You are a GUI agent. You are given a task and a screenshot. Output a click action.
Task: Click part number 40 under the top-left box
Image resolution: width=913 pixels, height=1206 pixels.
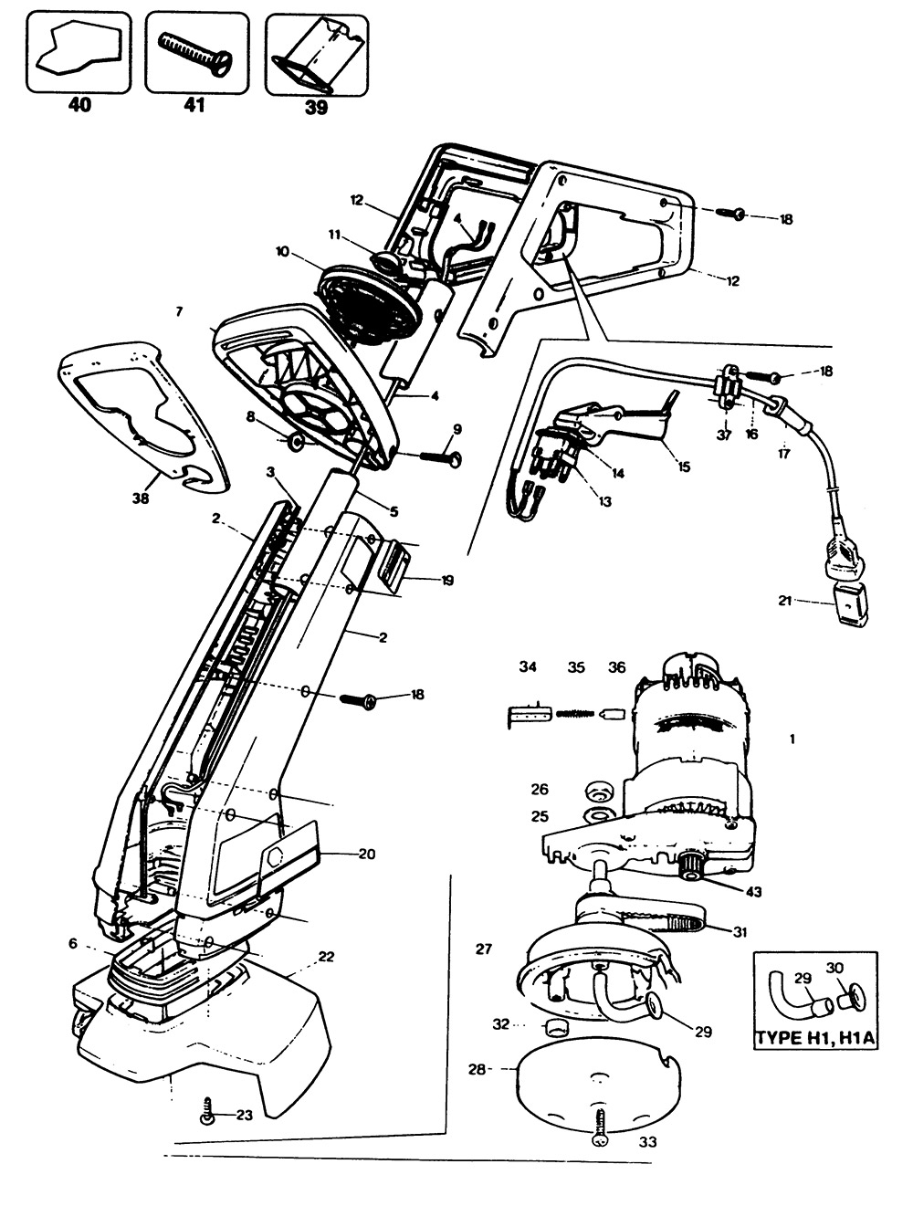(x=79, y=105)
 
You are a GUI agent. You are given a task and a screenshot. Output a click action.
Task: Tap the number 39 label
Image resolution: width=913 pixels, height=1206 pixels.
(x=316, y=107)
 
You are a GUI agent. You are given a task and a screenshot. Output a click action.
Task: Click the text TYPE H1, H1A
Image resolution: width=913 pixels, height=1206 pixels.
(x=815, y=1038)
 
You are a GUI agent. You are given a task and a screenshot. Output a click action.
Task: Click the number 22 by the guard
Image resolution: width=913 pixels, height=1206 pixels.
(x=326, y=956)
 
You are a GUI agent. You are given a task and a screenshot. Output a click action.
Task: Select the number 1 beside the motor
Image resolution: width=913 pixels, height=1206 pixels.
(x=792, y=739)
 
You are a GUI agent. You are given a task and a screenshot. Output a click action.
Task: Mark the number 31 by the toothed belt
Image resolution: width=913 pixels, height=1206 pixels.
(x=739, y=930)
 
